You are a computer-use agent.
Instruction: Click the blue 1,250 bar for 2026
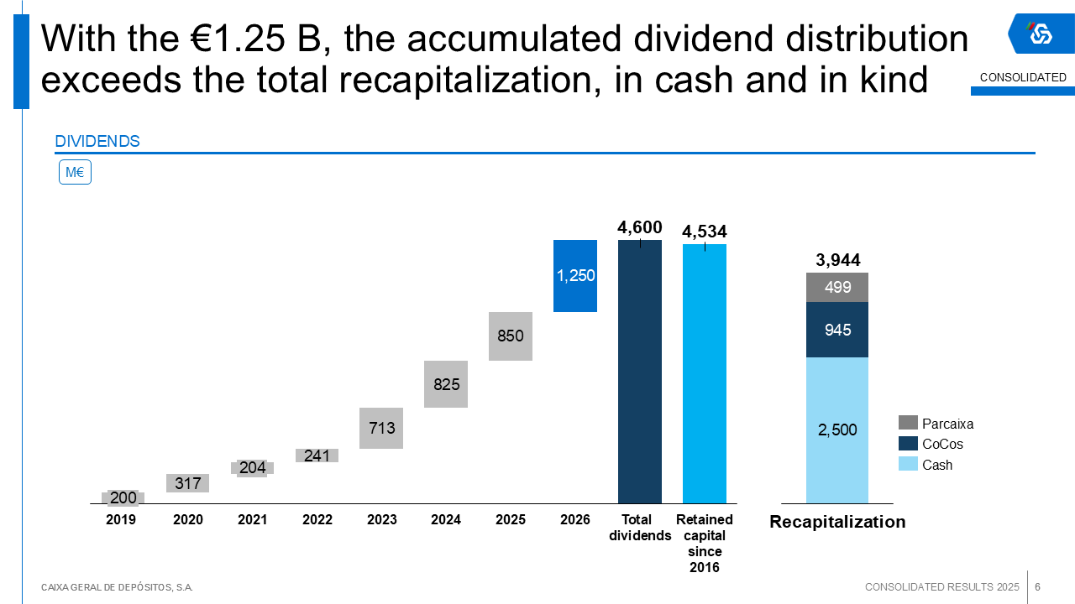point(575,276)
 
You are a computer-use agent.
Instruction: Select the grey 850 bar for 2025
point(511,336)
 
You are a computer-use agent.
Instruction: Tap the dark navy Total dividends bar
point(640,372)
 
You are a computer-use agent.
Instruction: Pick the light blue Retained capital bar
point(705,373)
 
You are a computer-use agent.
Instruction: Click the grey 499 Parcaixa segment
point(837,288)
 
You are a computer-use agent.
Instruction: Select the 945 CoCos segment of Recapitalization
point(837,330)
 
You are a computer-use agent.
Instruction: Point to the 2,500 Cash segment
point(837,430)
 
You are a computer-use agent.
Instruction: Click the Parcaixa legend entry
point(936,424)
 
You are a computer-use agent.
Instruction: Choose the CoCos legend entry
point(931,444)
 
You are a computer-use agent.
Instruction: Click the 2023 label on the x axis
point(382,520)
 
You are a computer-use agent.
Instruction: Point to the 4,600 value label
point(640,227)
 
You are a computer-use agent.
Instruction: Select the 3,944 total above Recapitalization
point(838,260)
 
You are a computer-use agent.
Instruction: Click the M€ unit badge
point(75,173)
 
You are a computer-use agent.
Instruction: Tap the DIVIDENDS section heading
point(97,142)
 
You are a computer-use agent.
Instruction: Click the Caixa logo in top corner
point(1041,34)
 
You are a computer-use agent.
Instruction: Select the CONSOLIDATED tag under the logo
point(1023,78)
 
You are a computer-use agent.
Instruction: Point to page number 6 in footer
point(1038,586)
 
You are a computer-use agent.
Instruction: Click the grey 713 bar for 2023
point(381,428)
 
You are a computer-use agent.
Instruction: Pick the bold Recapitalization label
point(837,522)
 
